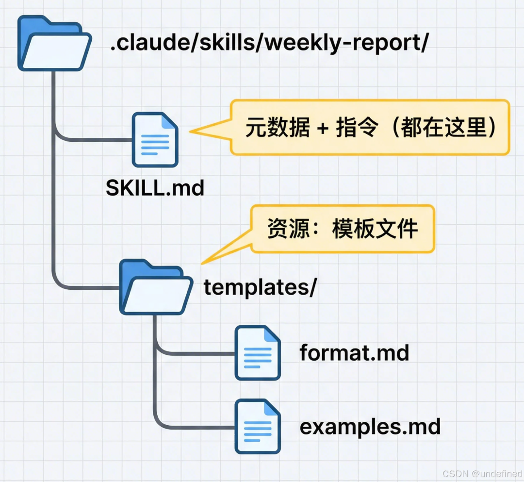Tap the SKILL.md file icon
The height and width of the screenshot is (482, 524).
[155, 140]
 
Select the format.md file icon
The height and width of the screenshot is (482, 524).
[258, 353]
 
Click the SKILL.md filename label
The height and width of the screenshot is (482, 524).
[155, 188]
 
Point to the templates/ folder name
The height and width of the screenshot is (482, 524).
[260, 287]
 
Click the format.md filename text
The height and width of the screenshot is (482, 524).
[354, 353]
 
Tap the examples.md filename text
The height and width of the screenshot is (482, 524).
[370, 427]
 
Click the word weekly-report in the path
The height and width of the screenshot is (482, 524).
[347, 44]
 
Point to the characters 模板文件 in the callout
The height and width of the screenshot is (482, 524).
[375, 228]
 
